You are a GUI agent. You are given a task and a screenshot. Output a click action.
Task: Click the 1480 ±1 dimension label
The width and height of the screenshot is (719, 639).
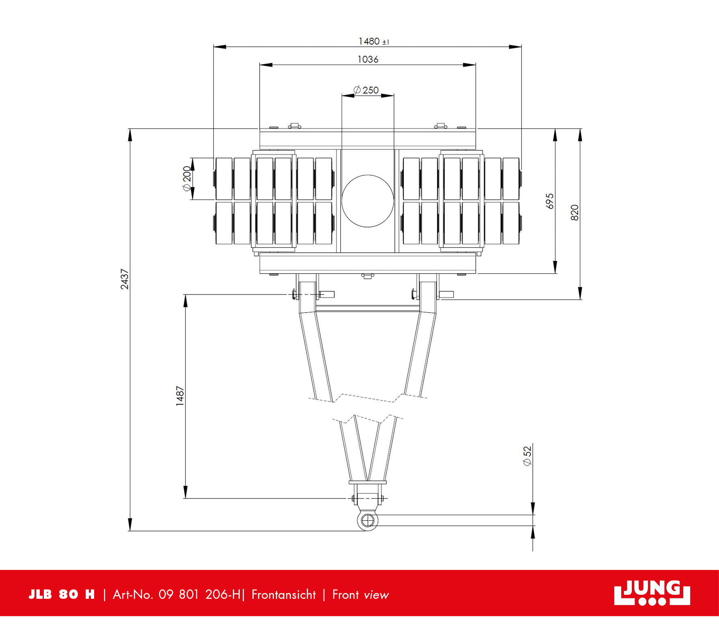pos(374,41)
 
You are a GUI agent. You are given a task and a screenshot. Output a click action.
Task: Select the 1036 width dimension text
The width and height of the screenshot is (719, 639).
pos(368,59)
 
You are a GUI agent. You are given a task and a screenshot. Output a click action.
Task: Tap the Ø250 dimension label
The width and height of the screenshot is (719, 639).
pos(366,90)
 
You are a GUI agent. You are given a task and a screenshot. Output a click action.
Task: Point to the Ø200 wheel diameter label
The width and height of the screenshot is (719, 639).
pos(187,178)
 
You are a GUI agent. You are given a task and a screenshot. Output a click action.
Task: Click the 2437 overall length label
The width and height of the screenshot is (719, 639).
pos(125,279)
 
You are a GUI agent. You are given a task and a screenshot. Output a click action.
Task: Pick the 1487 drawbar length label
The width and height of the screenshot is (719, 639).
pos(180,396)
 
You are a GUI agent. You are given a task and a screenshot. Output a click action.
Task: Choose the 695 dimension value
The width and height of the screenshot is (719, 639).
pos(550,201)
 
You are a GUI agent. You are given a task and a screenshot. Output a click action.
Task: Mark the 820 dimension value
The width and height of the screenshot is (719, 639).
pos(575,213)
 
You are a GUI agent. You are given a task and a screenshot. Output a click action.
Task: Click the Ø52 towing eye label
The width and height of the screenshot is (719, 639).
pos(527,456)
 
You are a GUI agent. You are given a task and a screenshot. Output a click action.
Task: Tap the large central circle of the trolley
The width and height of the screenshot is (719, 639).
pos(368,201)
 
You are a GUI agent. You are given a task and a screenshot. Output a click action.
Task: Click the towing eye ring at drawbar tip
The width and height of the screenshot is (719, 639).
pos(368,520)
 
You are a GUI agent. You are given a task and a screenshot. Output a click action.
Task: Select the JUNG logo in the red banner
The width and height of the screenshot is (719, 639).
pos(652,593)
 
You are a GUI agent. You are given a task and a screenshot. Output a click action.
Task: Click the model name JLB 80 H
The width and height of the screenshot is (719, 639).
pos(61,595)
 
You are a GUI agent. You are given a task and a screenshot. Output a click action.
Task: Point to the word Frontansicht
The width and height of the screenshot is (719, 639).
pos(284,595)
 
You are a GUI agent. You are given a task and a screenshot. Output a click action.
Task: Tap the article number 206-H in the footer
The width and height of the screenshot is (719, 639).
pos(223,595)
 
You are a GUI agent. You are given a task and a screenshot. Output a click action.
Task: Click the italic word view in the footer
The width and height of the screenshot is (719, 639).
pos(376,595)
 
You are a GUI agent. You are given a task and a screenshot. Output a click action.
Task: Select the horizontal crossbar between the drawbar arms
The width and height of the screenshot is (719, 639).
pos(368,308)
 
